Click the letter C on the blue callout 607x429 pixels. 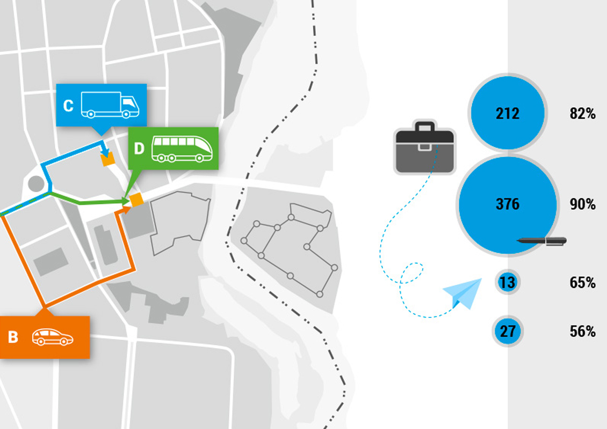tap(68, 106)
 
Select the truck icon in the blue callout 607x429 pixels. tap(110, 105)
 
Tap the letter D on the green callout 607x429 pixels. tap(139, 148)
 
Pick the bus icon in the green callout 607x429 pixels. tap(182, 149)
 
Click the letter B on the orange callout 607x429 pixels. tap(13, 337)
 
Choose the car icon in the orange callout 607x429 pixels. tap(52, 337)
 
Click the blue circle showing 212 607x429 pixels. tap(508, 113)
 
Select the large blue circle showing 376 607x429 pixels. tap(508, 204)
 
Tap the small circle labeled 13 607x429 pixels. tap(507, 282)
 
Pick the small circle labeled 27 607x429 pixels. tap(508, 331)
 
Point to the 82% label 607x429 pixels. tap(582, 114)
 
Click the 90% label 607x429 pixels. tap(582, 204)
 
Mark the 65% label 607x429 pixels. tap(582, 283)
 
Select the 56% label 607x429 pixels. tap(582, 332)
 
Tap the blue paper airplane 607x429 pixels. tap(463, 294)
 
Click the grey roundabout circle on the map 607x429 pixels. tap(36, 183)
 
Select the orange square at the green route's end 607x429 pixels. tap(136, 199)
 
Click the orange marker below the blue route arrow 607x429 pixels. tap(109, 159)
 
